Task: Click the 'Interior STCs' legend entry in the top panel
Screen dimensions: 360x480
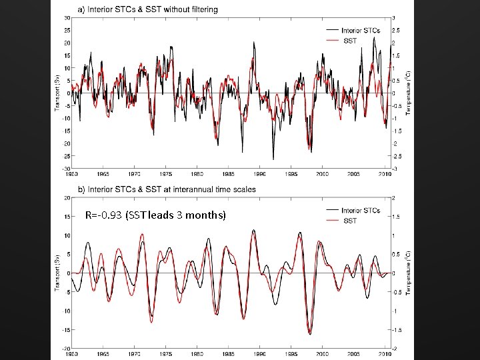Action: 361,31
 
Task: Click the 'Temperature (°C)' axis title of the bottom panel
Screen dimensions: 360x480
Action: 408,273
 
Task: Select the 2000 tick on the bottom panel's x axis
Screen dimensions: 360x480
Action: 322,353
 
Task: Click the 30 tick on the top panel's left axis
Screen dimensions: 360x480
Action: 67,18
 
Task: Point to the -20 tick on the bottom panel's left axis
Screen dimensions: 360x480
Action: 67,348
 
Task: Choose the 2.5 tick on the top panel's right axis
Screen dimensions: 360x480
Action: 396,31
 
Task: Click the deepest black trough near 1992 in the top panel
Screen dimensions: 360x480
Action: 273,159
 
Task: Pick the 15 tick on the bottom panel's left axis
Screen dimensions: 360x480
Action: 68,217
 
